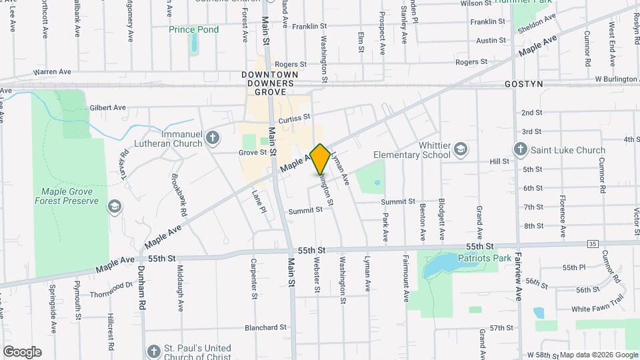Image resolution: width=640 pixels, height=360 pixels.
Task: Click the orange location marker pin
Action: point(320,159)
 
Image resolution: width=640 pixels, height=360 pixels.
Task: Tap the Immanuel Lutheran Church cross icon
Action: point(212,138)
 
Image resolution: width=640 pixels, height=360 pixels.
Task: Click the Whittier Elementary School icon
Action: point(461,149)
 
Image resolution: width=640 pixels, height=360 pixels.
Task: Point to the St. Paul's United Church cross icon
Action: point(154,351)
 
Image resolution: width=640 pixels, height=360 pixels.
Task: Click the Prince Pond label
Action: point(193,29)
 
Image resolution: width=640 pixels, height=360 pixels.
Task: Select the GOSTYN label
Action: point(524,84)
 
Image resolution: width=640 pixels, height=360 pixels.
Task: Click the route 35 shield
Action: point(593,244)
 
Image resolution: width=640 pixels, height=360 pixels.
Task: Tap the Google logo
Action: point(22,351)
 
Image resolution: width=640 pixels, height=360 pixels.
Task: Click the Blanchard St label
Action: point(265,327)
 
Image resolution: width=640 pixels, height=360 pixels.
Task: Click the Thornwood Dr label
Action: point(111,289)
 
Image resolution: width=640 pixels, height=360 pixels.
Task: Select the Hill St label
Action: point(499,161)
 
